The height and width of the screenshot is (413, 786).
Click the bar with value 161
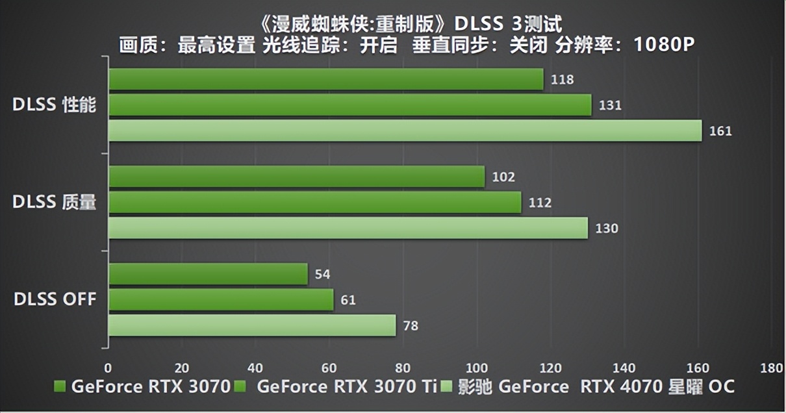pyautogui.click(x=405, y=131)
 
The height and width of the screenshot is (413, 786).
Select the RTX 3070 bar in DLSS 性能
pyautogui.click(x=325, y=79)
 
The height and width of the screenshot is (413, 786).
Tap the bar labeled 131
pyautogui.click(x=349, y=105)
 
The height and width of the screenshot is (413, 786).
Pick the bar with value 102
pyautogui.click(x=296, y=177)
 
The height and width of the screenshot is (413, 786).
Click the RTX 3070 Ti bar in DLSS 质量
pyautogui.click(x=314, y=203)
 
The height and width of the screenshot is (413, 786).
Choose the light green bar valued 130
pyautogui.click(x=348, y=228)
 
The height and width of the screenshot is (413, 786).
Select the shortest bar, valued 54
pyautogui.click(x=208, y=274)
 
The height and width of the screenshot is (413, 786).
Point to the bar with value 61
pyautogui.click(x=220, y=300)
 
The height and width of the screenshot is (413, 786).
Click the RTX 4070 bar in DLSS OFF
pyautogui.click(x=251, y=325)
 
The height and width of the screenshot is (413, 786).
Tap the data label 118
pyautogui.click(x=562, y=80)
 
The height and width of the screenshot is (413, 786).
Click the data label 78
pyautogui.click(x=411, y=326)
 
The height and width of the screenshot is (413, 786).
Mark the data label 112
pyautogui.click(x=540, y=203)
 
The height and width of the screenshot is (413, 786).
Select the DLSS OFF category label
pyautogui.click(x=55, y=299)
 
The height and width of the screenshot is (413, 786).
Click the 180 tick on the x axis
pyautogui.click(x=771, y=368)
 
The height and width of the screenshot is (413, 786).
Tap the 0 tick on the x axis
pyautogui.click(x=108, y=368)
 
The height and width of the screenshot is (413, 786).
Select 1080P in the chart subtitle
pyautogui.click(x=664, y=45)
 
